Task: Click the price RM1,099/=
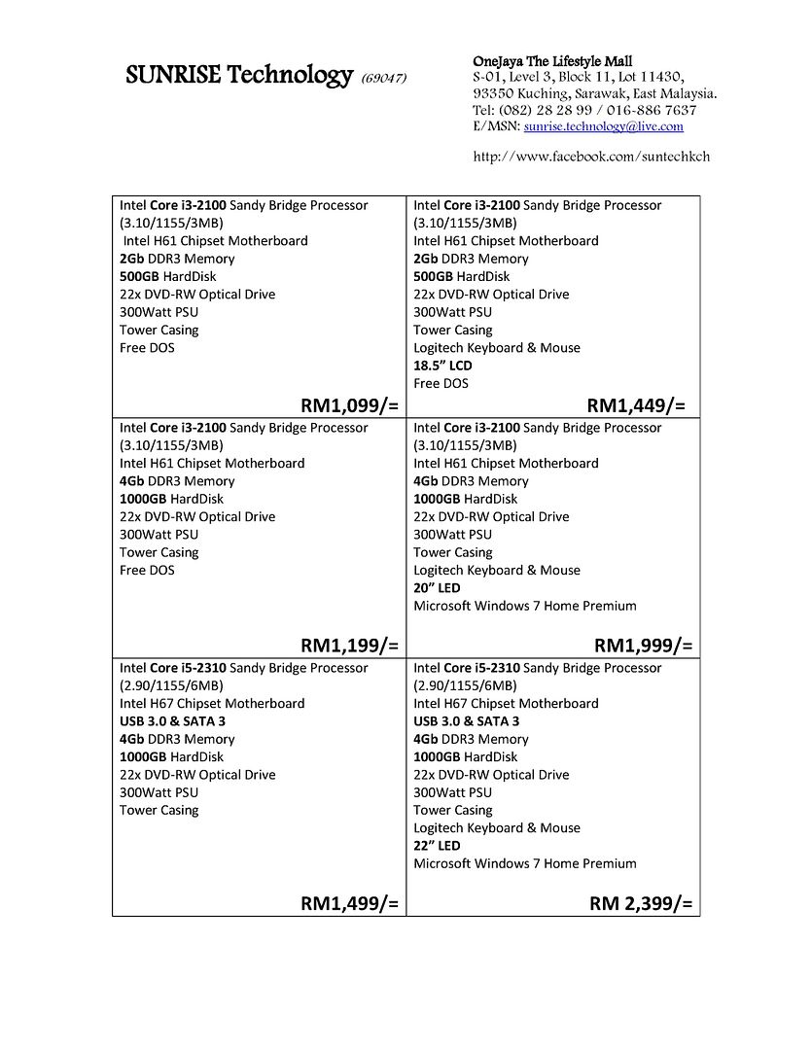coord(349,405)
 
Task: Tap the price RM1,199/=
coord(349,645)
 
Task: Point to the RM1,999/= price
coord(643,645)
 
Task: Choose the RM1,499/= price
coord(349,903)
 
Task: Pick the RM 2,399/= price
coord(641,903)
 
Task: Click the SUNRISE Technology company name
coord(238,75)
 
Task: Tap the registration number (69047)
coord(383,78)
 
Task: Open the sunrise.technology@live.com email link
coord(603,126)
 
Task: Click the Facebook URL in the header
coord(591,157)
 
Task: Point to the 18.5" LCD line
coord(442,366)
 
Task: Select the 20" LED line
coord(437,588)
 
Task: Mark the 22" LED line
coord(437,846)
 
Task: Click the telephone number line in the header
coord(584,110)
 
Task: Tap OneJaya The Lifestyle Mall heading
coord(552,61)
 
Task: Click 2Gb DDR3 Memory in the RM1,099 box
coord(177,259)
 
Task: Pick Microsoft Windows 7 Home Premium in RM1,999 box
coord(525,606)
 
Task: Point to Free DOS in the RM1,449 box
coord(441,383)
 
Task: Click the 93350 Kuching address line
coord(594,93)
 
